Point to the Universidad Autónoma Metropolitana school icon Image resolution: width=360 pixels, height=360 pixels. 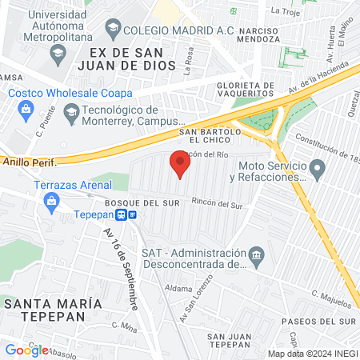coord(57,54)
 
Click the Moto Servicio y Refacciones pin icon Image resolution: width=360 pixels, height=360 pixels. coord(318,170)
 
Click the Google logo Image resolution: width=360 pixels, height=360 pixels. coord(26,350)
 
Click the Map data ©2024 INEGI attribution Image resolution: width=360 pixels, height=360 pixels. coord(311,354)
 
